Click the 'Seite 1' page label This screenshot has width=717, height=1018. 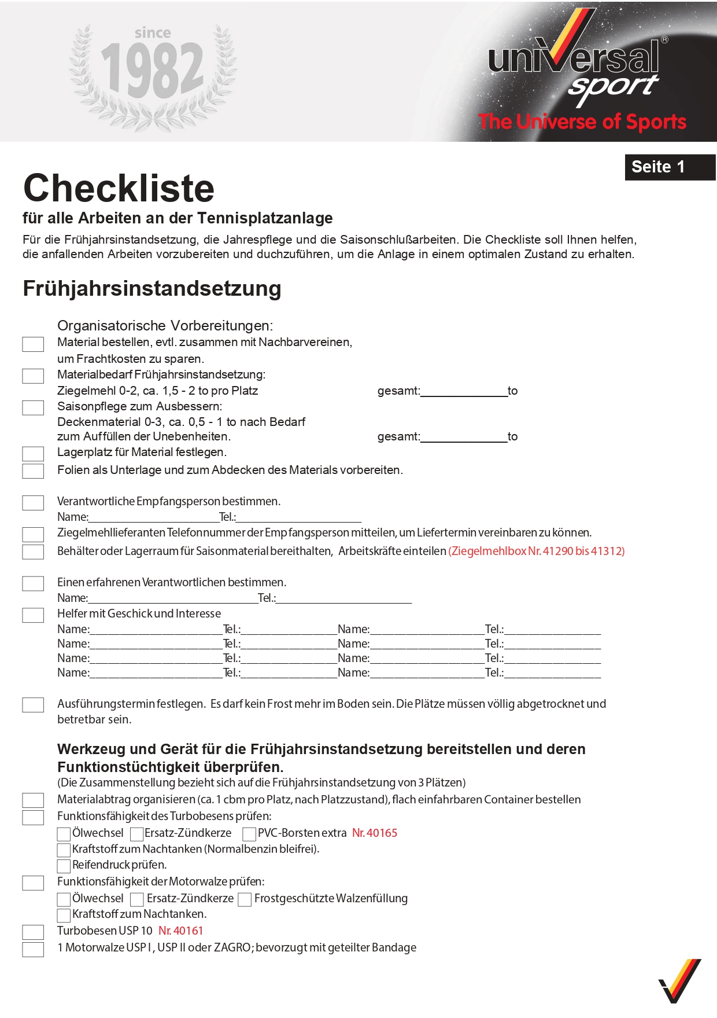click(658, 167)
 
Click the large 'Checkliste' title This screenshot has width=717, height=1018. click(119, 188)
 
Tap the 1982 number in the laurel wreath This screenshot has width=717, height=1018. click(152, 71)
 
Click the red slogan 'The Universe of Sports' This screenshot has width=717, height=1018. click(582, 122)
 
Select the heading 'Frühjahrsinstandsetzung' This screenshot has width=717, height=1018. click(151, 288)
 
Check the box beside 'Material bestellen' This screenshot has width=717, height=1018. click(33, 344)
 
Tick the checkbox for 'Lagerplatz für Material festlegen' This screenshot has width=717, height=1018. click(33, 454)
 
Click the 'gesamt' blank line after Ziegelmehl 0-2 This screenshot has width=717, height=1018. click(464, 391)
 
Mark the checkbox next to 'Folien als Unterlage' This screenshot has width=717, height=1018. click(33, 471)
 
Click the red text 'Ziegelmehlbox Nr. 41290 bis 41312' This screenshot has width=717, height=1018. click(536, 551)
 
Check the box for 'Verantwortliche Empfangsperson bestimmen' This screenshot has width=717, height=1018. click(33, 503)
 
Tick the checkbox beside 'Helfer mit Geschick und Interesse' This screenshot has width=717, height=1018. click(33, 615)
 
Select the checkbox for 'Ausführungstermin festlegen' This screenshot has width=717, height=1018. click(33, 705)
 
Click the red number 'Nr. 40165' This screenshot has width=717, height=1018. click(375, 833)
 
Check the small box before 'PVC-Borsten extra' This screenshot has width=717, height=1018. click(249, 834)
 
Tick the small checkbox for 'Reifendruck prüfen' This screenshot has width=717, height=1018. click(64, 866)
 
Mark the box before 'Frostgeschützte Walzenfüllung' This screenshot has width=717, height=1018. click(245, 899)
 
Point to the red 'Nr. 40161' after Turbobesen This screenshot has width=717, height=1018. click(181, 931)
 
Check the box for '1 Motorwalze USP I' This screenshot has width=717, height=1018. click(33, 949)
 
